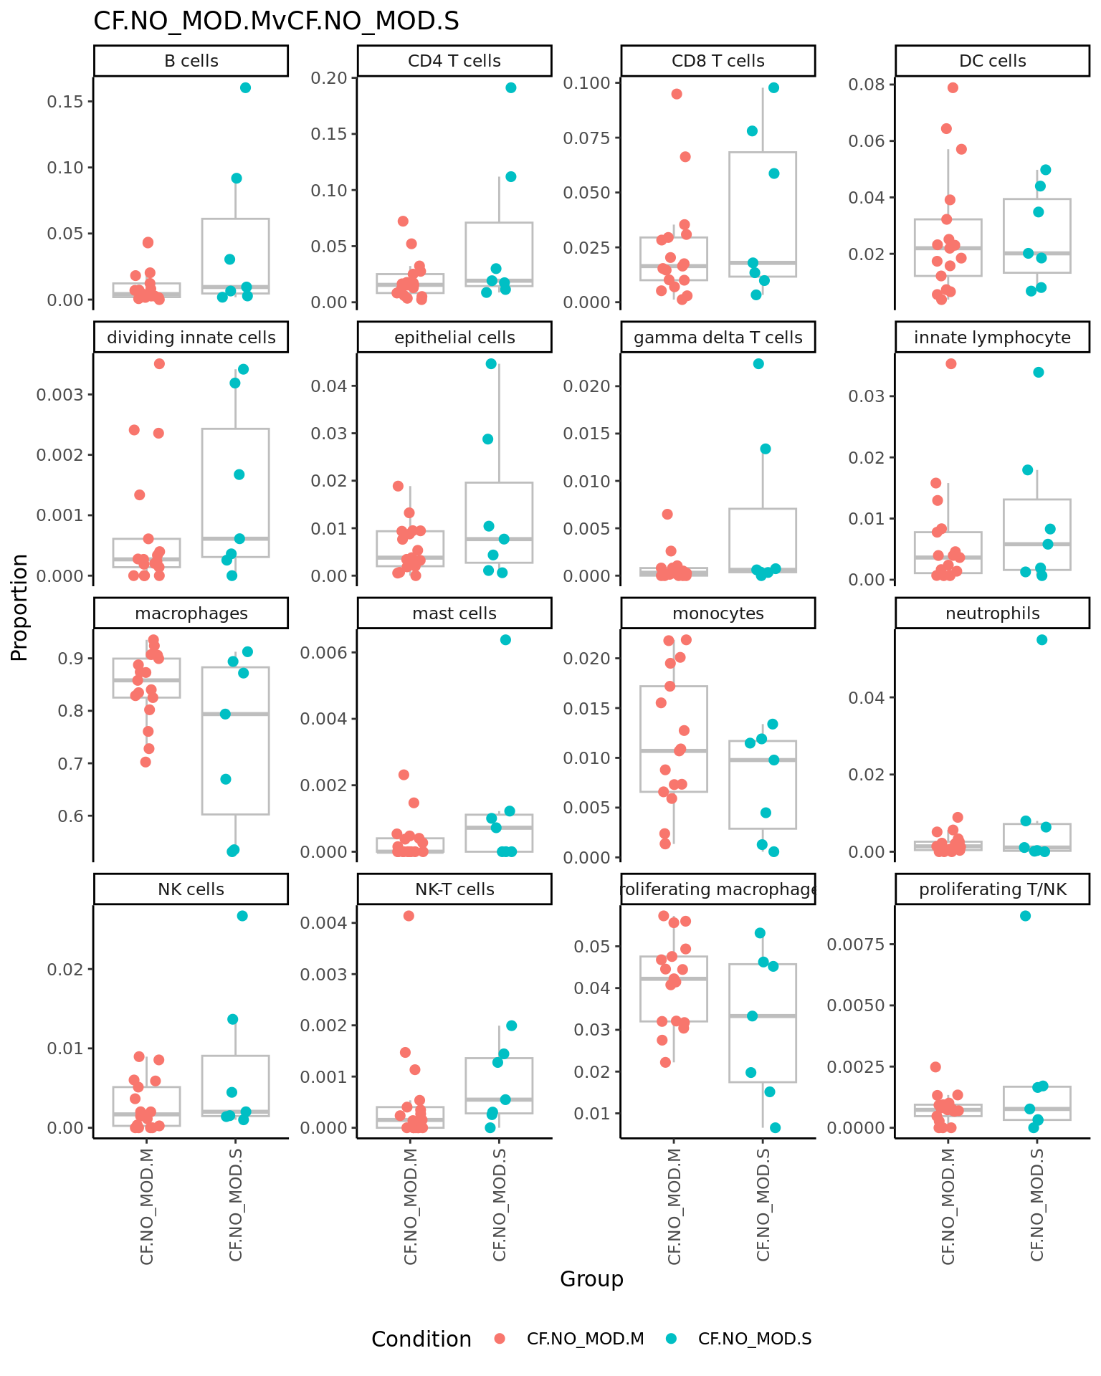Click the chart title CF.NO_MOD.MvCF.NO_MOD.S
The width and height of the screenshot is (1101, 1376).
click(x=276, y=21)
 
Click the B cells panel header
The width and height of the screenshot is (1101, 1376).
click(x=191, y=61)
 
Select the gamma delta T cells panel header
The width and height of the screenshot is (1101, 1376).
click(x=718, y=338)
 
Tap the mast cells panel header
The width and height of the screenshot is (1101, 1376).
click(x=454, y=613)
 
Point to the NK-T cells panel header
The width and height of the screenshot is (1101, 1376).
click(x=454, y=889)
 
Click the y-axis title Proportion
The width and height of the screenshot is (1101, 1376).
click(x=20, y=607)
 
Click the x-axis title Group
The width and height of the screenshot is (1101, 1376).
click(x=591, y=1279)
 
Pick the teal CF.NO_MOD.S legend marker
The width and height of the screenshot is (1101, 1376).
click(x=671, y=1339)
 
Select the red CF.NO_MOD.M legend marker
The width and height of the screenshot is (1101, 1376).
click(x=500, y=1339)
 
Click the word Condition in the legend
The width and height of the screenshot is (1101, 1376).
click(x=421, y=1339)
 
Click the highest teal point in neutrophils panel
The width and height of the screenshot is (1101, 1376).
click(x=1042, y=640)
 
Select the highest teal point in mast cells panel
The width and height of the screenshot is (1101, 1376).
click(x=505, y=640)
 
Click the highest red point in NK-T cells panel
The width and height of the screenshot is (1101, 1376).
click(x=409, y=916)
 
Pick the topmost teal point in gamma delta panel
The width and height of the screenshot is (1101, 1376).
click(x=758, y=364)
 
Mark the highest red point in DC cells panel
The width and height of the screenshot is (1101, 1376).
click(x=953, y=88)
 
